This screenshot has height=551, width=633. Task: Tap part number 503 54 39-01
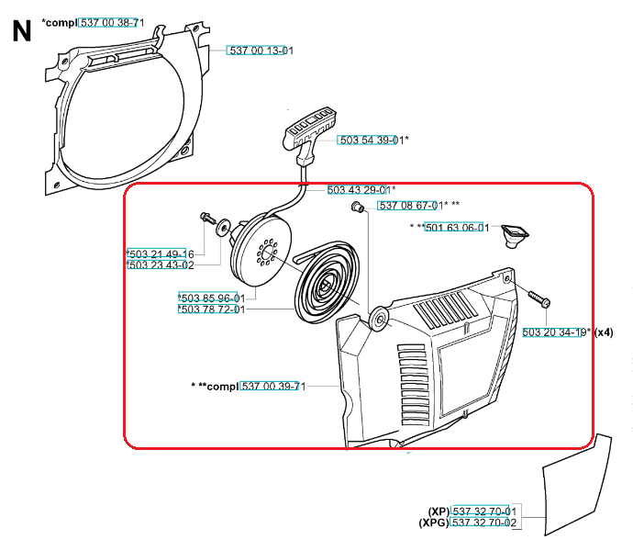(x=372, y=140)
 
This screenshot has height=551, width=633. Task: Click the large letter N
(x=22, y=31)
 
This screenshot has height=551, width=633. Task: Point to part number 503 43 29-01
(x=360, y=189)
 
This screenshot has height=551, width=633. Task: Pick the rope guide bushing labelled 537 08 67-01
(x=357, y=207)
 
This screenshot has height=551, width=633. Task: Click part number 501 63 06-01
(x=457, y=228)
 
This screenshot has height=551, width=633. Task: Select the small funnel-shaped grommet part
(x=515, y=236)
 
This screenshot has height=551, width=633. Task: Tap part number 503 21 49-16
(x=161, y=253)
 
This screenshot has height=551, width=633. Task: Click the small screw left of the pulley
(x=208, y=219)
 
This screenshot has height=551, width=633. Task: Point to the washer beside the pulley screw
(x=223, y=228)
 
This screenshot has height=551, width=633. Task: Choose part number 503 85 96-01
(x=213, y=298)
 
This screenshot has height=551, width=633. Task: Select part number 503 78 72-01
(x=213, y=309)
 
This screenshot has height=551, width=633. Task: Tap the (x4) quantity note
(x=604, y=332)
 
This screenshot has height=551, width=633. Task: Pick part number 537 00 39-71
(x=273, y=386)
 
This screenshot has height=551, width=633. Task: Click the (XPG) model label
(x=434, y=523)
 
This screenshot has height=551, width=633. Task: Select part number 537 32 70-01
(x=484, y=511)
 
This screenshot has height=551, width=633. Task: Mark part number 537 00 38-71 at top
(x=112, y=23)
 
